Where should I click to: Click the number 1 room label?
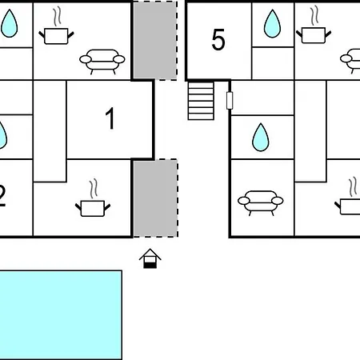tap(110, 118)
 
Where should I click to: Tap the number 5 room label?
tap(218, 39)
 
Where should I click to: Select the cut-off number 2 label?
tap(2, 195)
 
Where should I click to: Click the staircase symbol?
tap(201, 101)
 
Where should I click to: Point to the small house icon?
tap(150, 258)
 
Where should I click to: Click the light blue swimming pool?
tap(61, 315)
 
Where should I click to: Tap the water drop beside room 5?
tap(272, 24)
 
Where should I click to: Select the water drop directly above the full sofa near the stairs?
tap(261, 138)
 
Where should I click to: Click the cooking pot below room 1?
tap(93, 208)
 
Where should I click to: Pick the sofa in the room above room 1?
tap(102, 61)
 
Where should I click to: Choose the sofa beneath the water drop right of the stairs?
tap(261, 202)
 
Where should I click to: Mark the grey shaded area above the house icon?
tap(155, 198)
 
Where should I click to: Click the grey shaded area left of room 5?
tap(155, 40)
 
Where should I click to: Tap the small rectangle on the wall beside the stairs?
tap(230, 100)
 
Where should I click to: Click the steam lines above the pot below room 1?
tap(94, 189)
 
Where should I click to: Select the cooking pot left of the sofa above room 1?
tap(56, 36)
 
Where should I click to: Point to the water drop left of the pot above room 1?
tap(10, 23)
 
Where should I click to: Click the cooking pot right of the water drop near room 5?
tap(314, 35)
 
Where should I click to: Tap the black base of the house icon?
tap(150, 265)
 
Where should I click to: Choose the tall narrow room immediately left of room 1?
tap(50, 131)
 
